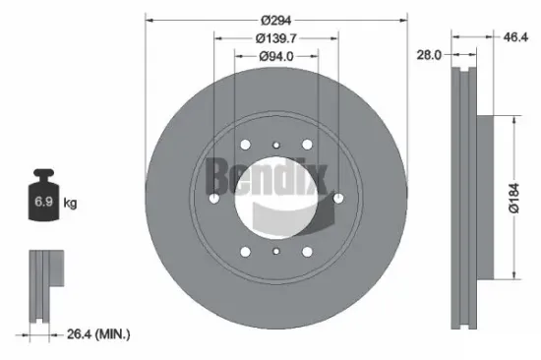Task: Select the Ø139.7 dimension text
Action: (x=276, y=38)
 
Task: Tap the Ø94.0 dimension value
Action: (x=276, y=57)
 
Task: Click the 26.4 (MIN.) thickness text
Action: (x=99, y=334)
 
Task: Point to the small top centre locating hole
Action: (x=276, y=149)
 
